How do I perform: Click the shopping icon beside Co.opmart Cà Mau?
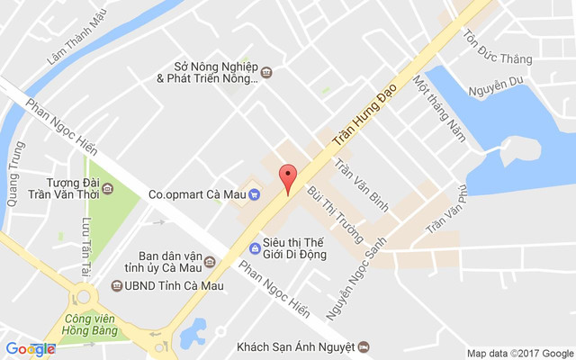[255, 193]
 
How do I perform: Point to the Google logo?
[30, 349]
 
